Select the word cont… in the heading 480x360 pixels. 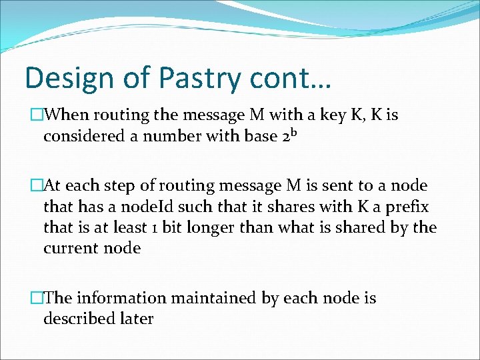pos(294,78)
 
